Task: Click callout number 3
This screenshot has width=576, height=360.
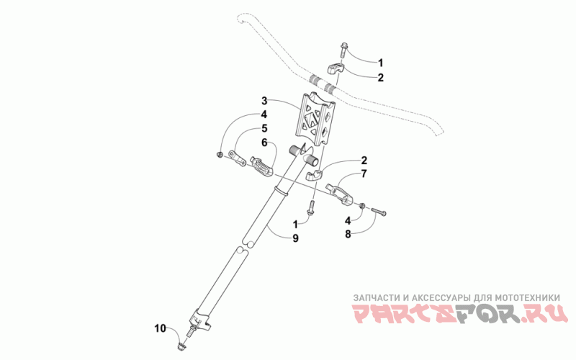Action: pyautogui.click(x=264, y=100)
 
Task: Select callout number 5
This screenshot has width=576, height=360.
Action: pyautogui.click(x=264, y=130)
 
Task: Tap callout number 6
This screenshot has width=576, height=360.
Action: pyautogui.click(x=264, y=143)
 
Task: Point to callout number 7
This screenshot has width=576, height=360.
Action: pyautogui.click(x=364, y=174)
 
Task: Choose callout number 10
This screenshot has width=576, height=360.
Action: pyautogui.click(x=159, y=328)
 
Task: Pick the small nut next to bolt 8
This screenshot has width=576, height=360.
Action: pyautogui.click(x=363, y=204)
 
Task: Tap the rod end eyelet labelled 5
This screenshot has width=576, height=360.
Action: pyautogui.click(x=236, y=155)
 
